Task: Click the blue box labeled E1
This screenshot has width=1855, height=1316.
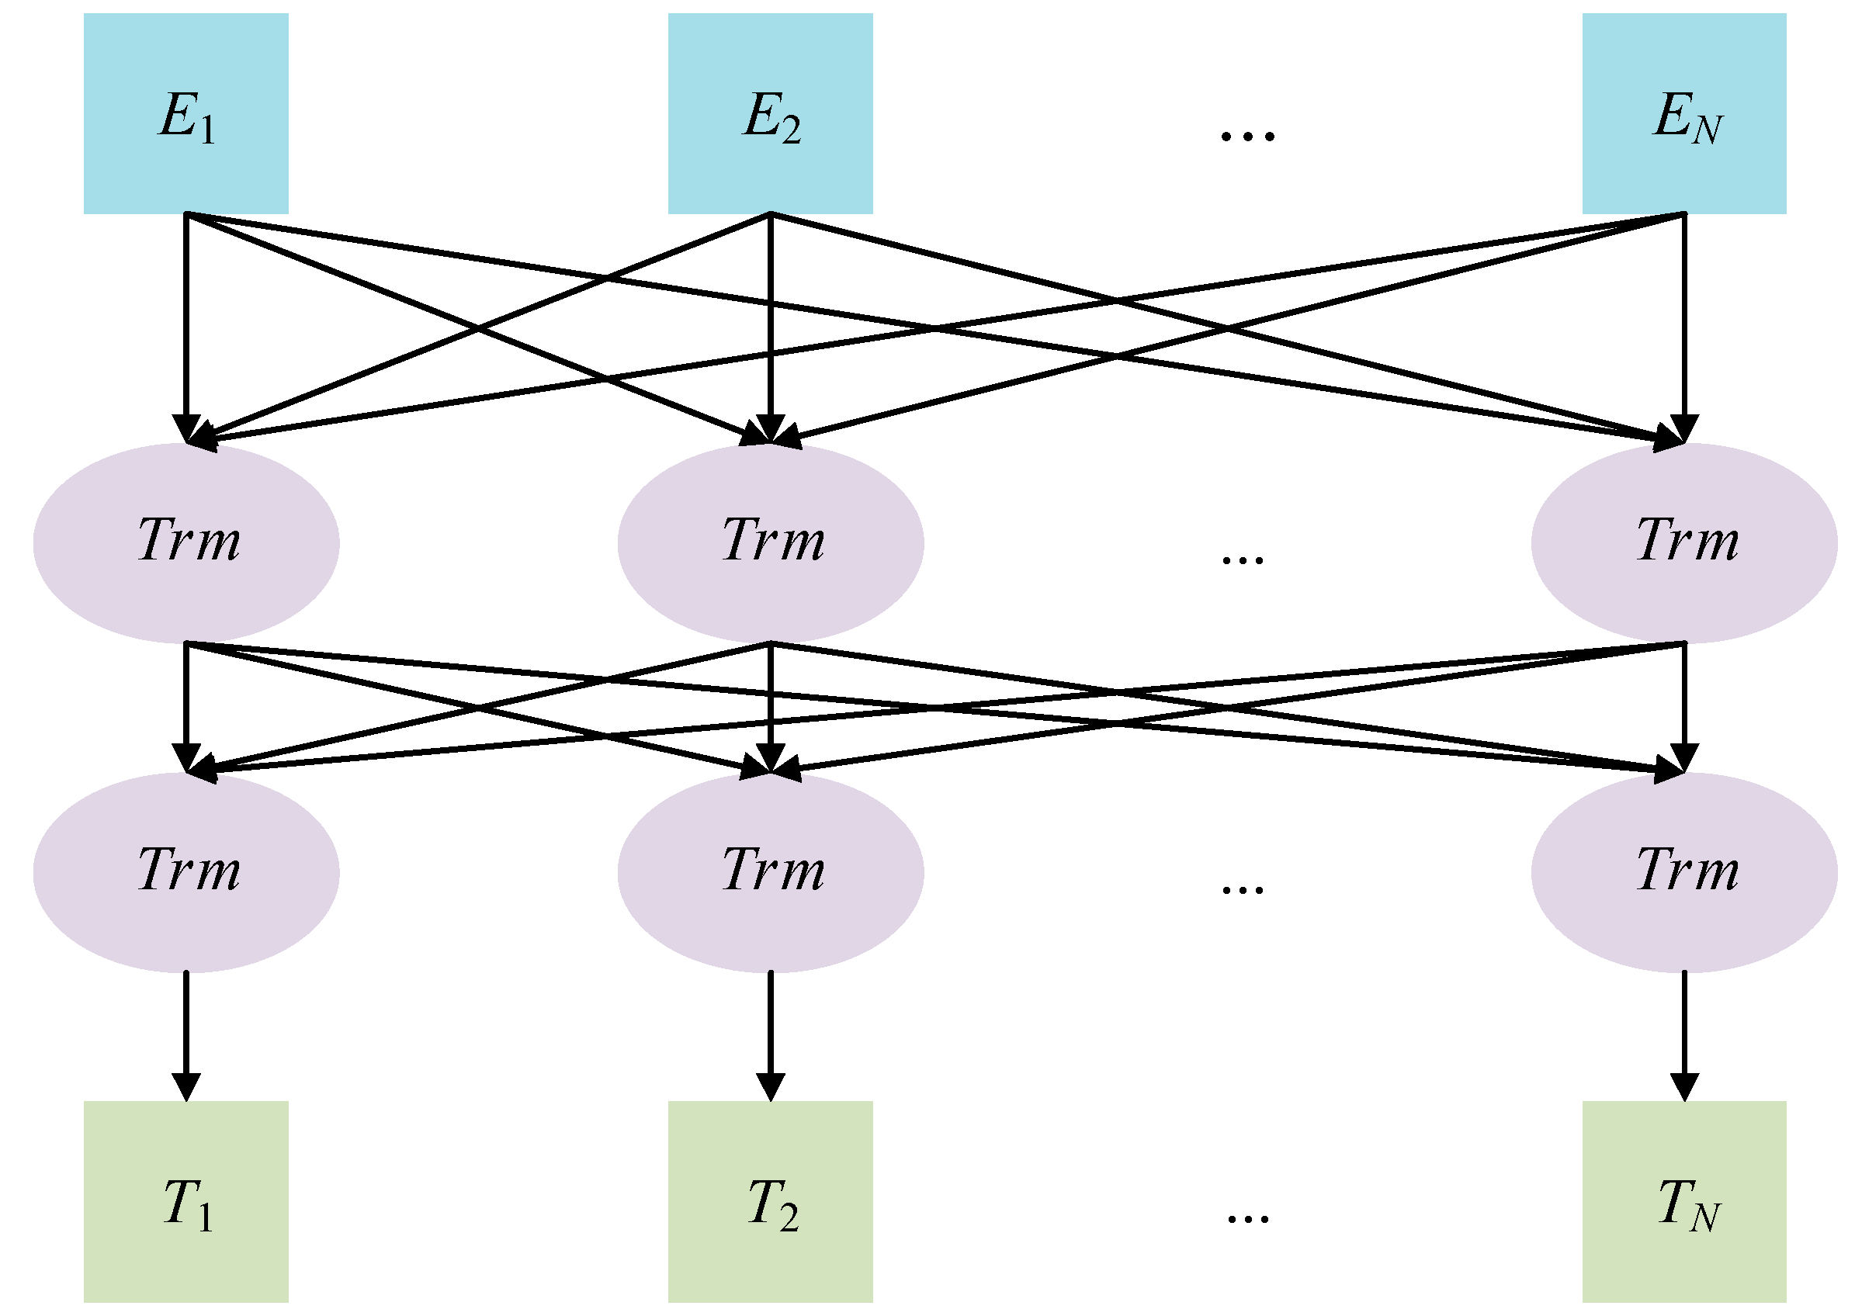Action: (185, 113)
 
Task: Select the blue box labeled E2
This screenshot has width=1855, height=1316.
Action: (770, 113)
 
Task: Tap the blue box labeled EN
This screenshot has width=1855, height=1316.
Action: (1685, 113)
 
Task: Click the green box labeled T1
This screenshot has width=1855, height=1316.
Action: (185, 1202)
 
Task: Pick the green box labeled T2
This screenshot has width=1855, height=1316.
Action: (770, 1202)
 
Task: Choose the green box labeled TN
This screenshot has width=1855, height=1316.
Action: (1685, 1202)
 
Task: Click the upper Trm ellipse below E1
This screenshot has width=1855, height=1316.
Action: (185, 542)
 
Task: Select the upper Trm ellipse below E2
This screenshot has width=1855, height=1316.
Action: (770, 542)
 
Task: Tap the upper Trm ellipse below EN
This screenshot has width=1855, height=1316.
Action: (1685, 542)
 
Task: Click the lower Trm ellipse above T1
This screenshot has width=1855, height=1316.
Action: (185, 872)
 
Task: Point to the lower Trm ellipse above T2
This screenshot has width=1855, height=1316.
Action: (770, 872)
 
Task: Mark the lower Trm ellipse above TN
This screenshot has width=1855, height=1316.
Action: (1685, 872)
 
